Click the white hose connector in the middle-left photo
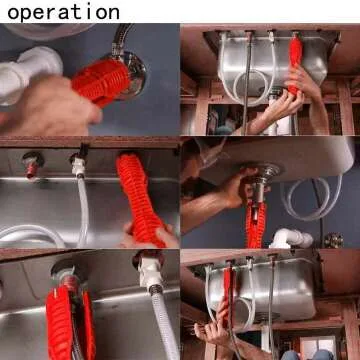point(77,160)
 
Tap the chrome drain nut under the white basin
point(268,180)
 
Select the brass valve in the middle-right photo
point(333,240)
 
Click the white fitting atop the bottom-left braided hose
point(149,270)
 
